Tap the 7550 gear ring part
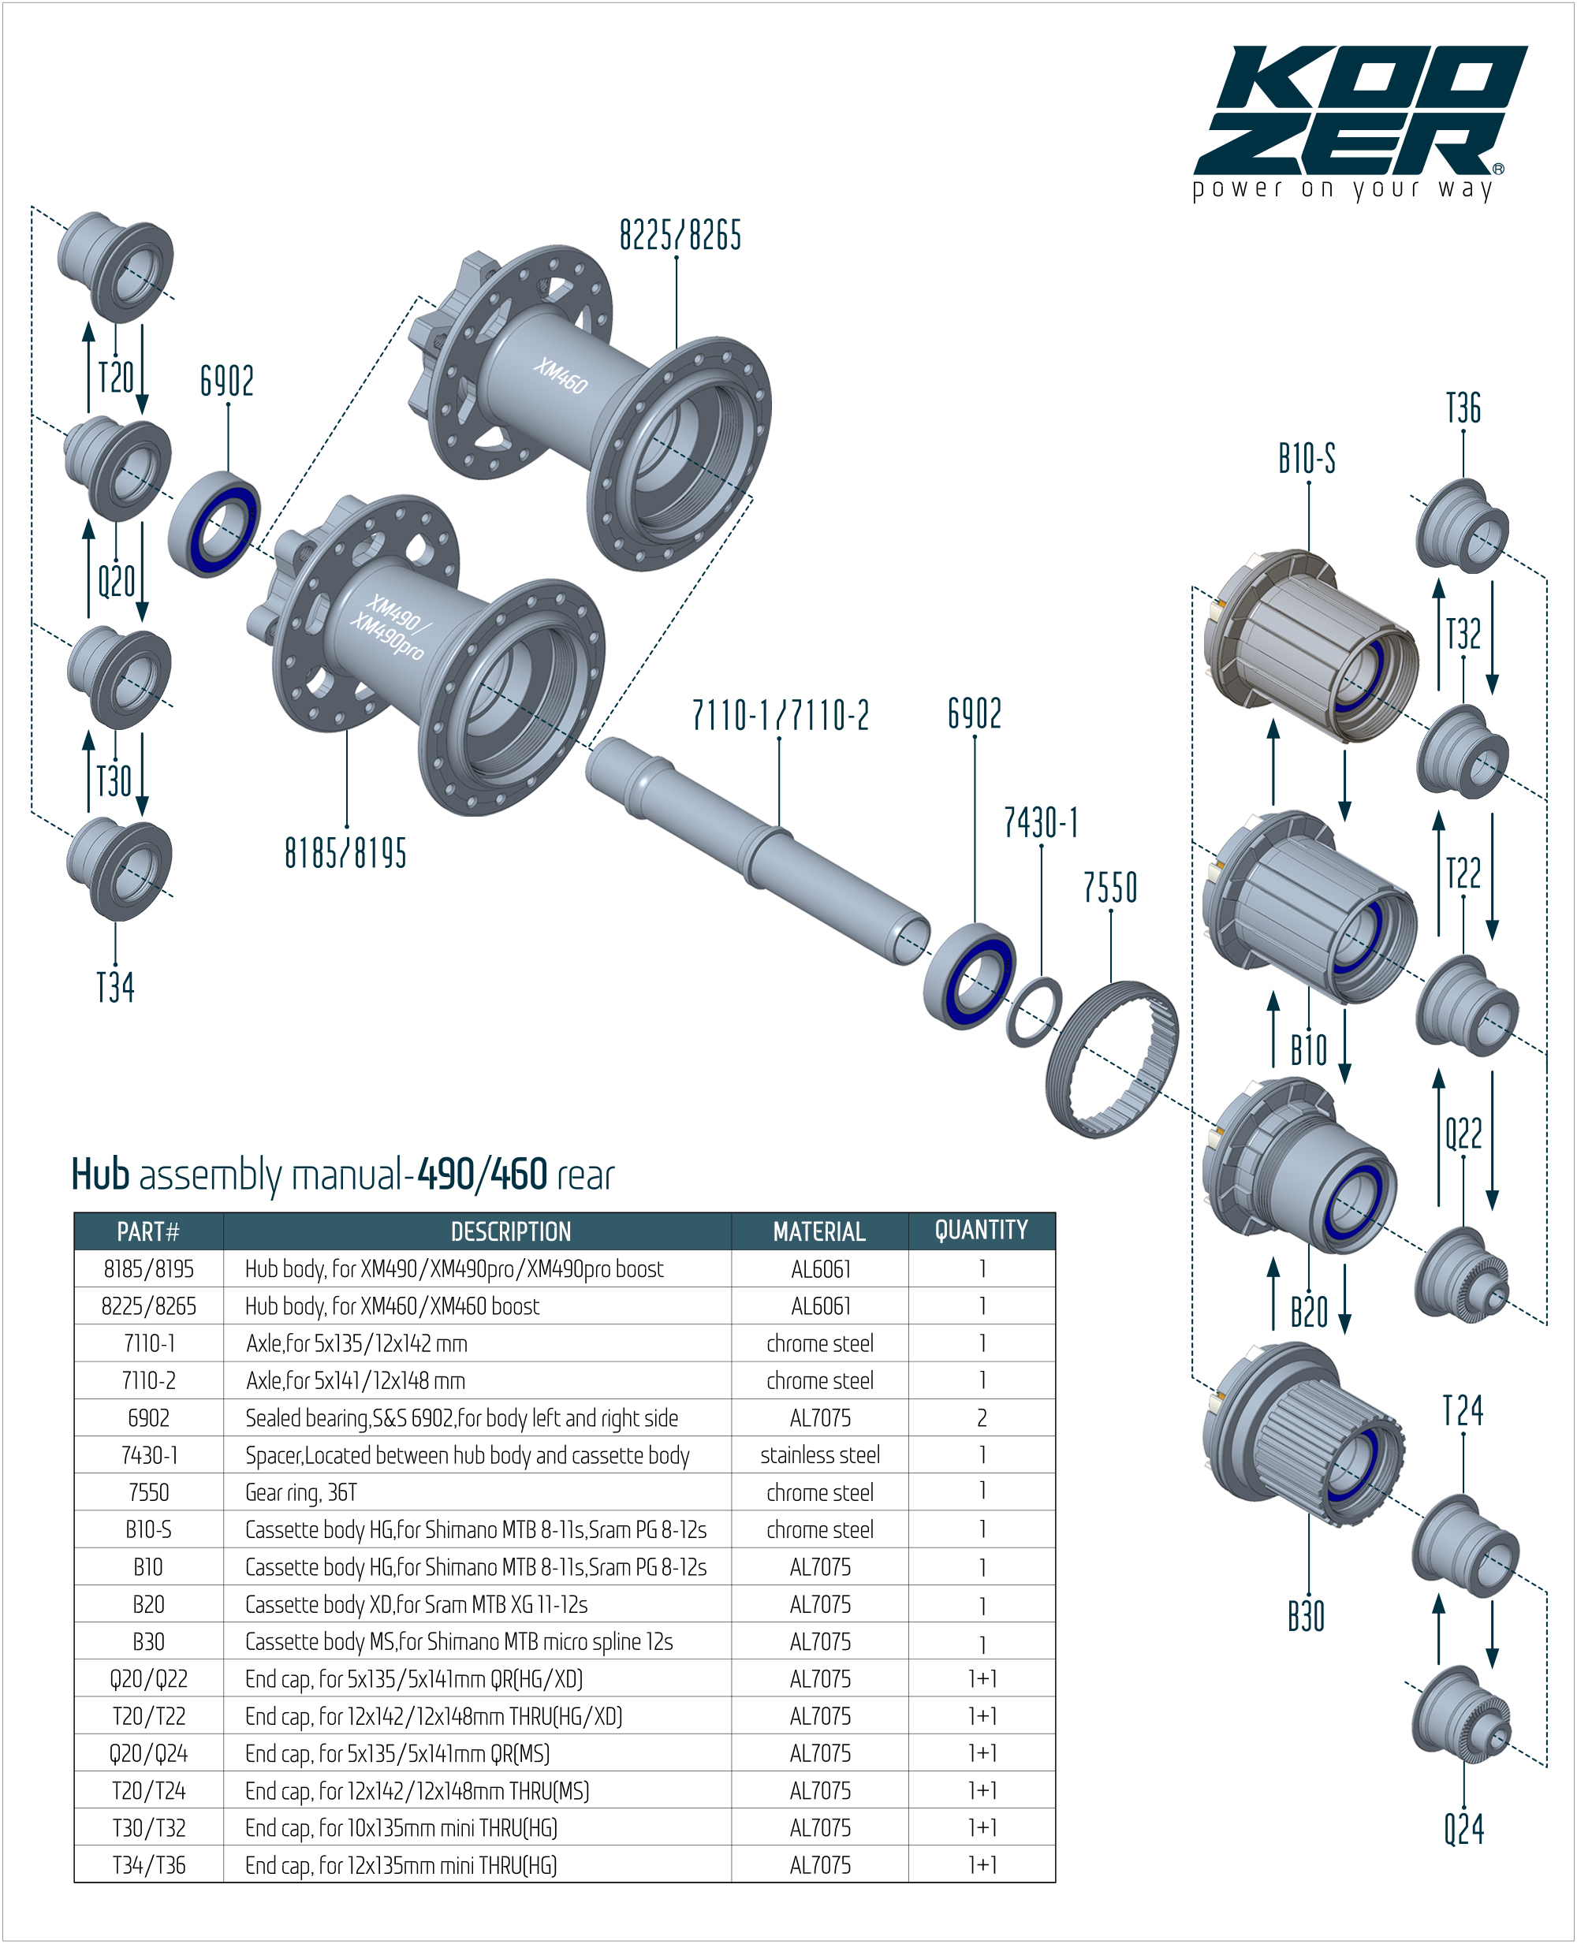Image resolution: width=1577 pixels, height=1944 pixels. (x=1111, y=1059)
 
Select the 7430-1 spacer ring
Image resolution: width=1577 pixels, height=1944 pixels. (x=1035, y=1011)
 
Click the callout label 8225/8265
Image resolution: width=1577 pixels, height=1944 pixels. (x=680, y=235)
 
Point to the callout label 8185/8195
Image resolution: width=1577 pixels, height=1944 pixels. (x=345, y=854)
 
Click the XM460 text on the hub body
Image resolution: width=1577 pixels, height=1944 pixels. (x=561, y=375)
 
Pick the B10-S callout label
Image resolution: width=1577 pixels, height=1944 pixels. (x=1307, y=459)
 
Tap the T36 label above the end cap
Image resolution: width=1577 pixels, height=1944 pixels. (x=1463, y=408)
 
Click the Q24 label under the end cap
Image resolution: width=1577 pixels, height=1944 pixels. (x=1464, y=1829)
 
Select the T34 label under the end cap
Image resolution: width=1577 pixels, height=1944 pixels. (x=115, y=988)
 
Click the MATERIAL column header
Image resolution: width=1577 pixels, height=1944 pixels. (x=819, y=1232)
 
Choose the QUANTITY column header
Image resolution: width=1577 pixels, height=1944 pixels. (x=981, y=1231)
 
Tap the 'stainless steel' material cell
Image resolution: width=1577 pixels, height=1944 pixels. (x=819, y=1455)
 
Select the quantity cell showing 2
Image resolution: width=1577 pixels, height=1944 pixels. (x=981, y=1418)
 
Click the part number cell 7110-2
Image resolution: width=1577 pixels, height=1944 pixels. (x=148, y=1381)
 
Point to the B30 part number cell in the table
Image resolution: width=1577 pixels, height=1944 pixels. (x=148, y=1641)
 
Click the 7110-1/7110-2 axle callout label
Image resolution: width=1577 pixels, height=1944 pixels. (x=781, y=716)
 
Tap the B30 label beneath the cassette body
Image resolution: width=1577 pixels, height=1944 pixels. (x=1307, y=1616)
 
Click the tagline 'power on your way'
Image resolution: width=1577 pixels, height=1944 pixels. (x=1343, y=189)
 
